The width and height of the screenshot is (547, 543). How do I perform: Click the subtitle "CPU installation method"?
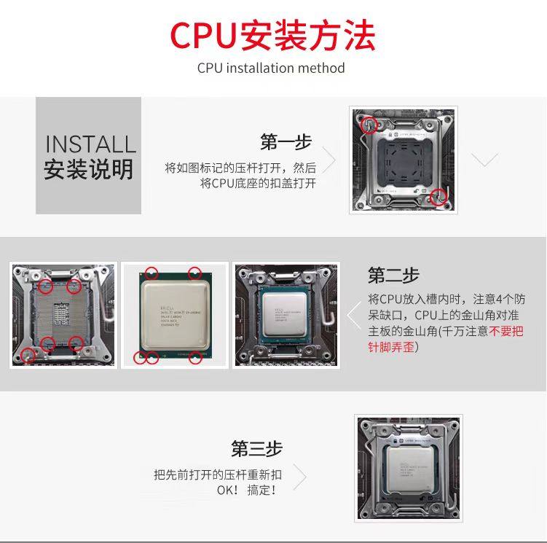click(x=271, y=69)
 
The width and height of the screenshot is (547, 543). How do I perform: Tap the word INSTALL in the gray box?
click(x=90, y=144)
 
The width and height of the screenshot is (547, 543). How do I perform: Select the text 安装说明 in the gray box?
click(x=89, y=169)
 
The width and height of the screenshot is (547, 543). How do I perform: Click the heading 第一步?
click(x=286, y=141)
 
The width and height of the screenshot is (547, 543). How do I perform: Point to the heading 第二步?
click(x=393, y=276)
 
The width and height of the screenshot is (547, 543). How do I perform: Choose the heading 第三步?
click(x=256, y=448)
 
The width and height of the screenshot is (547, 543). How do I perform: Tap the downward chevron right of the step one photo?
click(x=485, y=160)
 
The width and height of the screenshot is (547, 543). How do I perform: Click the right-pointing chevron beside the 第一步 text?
click(x=329, y=160)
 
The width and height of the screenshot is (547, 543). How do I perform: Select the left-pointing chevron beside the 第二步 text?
click(x=353, y=316)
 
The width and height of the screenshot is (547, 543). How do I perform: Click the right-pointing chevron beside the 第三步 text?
click(x=299, y=477)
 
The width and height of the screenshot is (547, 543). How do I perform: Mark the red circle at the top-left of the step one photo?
click(x=370, y=124)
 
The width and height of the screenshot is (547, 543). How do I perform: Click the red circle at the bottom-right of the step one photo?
click(x=437, y=195)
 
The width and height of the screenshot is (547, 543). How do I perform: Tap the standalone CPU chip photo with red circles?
click(x=174, y=315)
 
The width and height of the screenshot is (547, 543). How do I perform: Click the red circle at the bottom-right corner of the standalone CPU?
click(x=195, y=357)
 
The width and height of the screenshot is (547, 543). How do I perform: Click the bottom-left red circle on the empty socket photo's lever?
click(x=28, y=355)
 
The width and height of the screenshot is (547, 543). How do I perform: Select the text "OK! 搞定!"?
click(x=247, y=490)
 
